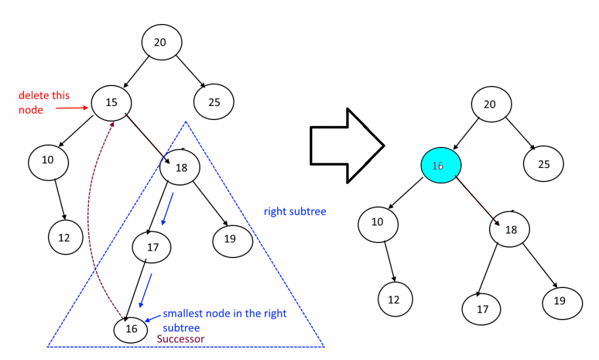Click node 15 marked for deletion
tap(111, 102)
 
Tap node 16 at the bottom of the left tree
tap(132, 329)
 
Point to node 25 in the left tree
tap(214, 102)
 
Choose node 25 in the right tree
tap(544, 164)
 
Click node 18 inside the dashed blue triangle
tap(181, 168)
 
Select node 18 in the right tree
tap(511, 229)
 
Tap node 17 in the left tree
tap(153, 248)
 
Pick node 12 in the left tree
tap(64, 237)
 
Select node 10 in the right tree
tap(378, 222)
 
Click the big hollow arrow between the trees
tap(345, 145)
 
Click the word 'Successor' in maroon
tap(181, 339)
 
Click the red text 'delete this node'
tap(43, 102)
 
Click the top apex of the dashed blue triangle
tap(185, 122)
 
